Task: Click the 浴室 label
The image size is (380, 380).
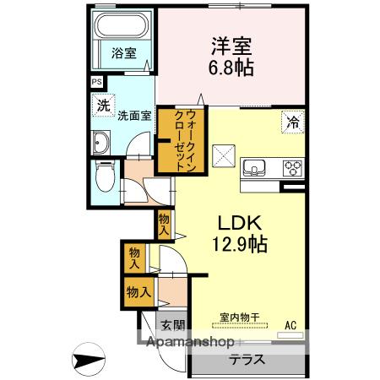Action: point(123,53)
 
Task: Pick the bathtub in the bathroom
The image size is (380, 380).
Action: point(122,29)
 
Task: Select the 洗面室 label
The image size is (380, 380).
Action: point(133,115)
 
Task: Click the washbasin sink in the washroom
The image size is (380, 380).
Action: point(101,141)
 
